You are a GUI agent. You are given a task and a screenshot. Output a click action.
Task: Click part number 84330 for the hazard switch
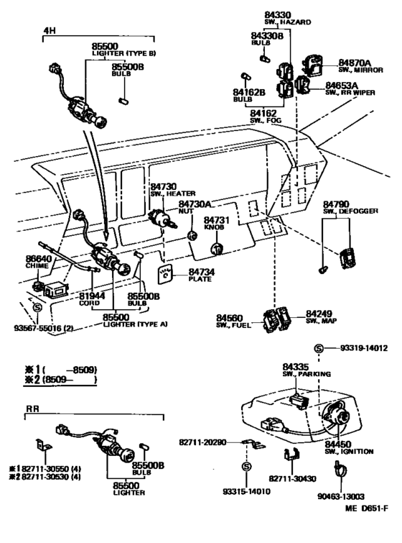tap(278, 15)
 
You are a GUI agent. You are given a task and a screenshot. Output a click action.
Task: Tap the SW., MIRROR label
tap(360, 70)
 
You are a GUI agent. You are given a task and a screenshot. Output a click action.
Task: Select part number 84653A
tap(342, 85)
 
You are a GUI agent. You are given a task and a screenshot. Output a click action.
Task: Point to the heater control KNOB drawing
tap(217, 249)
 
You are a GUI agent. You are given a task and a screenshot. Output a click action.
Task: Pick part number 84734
tap(201, 272)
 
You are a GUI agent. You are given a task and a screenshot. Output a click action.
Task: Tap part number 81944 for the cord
tap(92, 296)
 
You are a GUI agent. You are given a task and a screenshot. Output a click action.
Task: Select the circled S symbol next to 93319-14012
tap(319, 348)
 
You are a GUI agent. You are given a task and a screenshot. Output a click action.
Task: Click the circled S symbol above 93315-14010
tap(246, 467)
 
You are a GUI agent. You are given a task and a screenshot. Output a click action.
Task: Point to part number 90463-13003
tap(341, 496)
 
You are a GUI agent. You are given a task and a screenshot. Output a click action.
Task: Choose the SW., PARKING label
tap(307, 374)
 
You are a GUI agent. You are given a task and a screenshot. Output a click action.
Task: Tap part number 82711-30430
tap(292, 478)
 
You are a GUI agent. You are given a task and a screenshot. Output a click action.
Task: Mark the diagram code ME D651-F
tap(366, 508)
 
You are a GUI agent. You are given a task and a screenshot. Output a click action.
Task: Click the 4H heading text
tap(49, 30)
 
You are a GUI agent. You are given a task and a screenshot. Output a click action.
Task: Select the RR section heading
tap(33, 409)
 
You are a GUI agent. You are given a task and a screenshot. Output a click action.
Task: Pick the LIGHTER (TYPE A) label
tap(135, 324)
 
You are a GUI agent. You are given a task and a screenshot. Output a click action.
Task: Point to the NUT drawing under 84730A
tap(192, 236)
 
